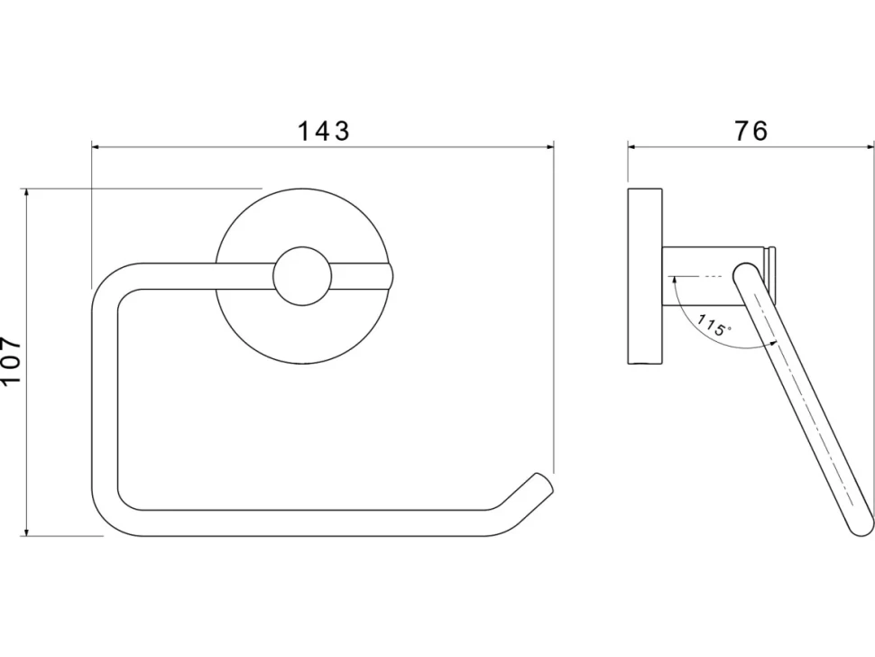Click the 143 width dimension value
[x=323, y=131]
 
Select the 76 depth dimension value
[x=751, y=131]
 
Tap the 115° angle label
[x=714, y=326]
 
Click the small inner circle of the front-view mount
[x=303, y=276]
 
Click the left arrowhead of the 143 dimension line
[x=96, y=147]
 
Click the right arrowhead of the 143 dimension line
[x=549, y=147]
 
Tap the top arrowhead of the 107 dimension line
[x=25, y=193]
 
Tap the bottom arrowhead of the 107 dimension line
[x=25, y=532]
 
